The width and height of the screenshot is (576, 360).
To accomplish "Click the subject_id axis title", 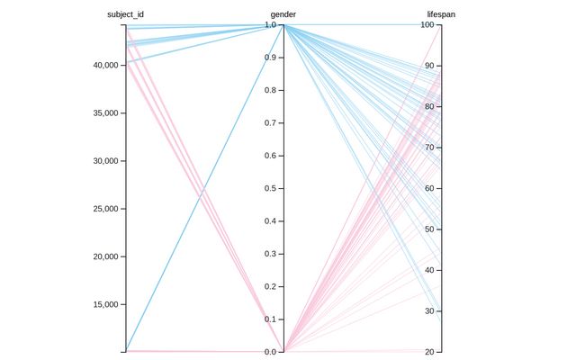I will click(125, 14).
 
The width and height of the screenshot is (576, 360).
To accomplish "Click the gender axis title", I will click(283, 14).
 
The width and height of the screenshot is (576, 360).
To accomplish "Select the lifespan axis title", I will click(441, 14).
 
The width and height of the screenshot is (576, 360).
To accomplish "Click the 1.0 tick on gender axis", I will click(269, 25).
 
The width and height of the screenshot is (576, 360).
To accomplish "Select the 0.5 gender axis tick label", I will click(269, 188).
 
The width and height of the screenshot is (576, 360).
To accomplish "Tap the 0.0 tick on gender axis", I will click(269, 351).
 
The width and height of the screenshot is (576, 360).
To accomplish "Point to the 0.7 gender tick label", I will click(269, 123).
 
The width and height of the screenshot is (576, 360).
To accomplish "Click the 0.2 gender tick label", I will click(269, 286).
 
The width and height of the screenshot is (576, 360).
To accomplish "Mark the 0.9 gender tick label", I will click(269, 58).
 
